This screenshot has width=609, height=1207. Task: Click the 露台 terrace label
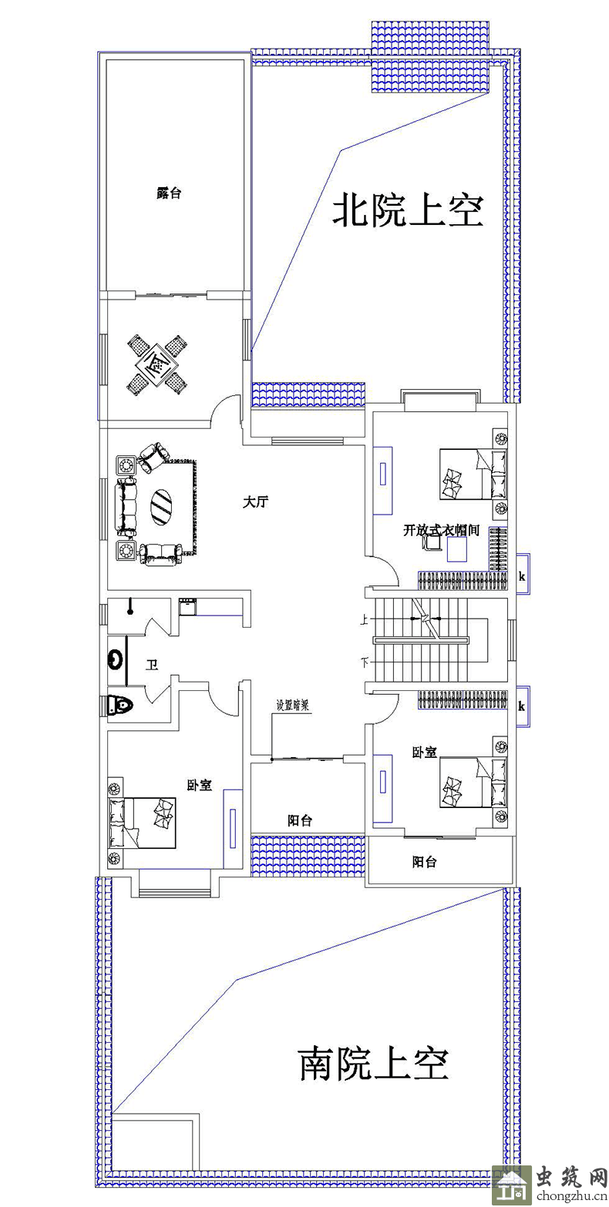[x=169, y=193]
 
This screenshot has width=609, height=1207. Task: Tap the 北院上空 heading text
[x=407, y=211]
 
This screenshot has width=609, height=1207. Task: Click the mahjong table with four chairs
[x=157, y=364]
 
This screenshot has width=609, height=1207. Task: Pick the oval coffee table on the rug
[x=161, y=506]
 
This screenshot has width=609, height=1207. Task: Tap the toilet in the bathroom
[x=119, y=705]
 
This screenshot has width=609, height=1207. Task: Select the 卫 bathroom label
[x=152, y=665]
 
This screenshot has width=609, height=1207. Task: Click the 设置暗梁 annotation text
[x=292, y=706]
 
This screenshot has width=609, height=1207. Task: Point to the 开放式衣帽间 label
[x=441, y=530]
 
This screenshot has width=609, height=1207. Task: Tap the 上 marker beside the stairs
[x=364, y=621]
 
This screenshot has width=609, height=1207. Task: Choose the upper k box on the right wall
[x=522, y=575]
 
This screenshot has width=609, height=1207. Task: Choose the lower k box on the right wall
[x=522, y=706]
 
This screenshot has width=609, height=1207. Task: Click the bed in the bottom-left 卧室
[x=142, y=823]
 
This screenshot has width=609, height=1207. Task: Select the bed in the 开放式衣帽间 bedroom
[x=473, y=473]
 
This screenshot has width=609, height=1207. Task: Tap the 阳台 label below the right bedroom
[x=424, y=862]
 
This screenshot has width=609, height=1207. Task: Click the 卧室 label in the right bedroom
[x=424, y=752]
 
